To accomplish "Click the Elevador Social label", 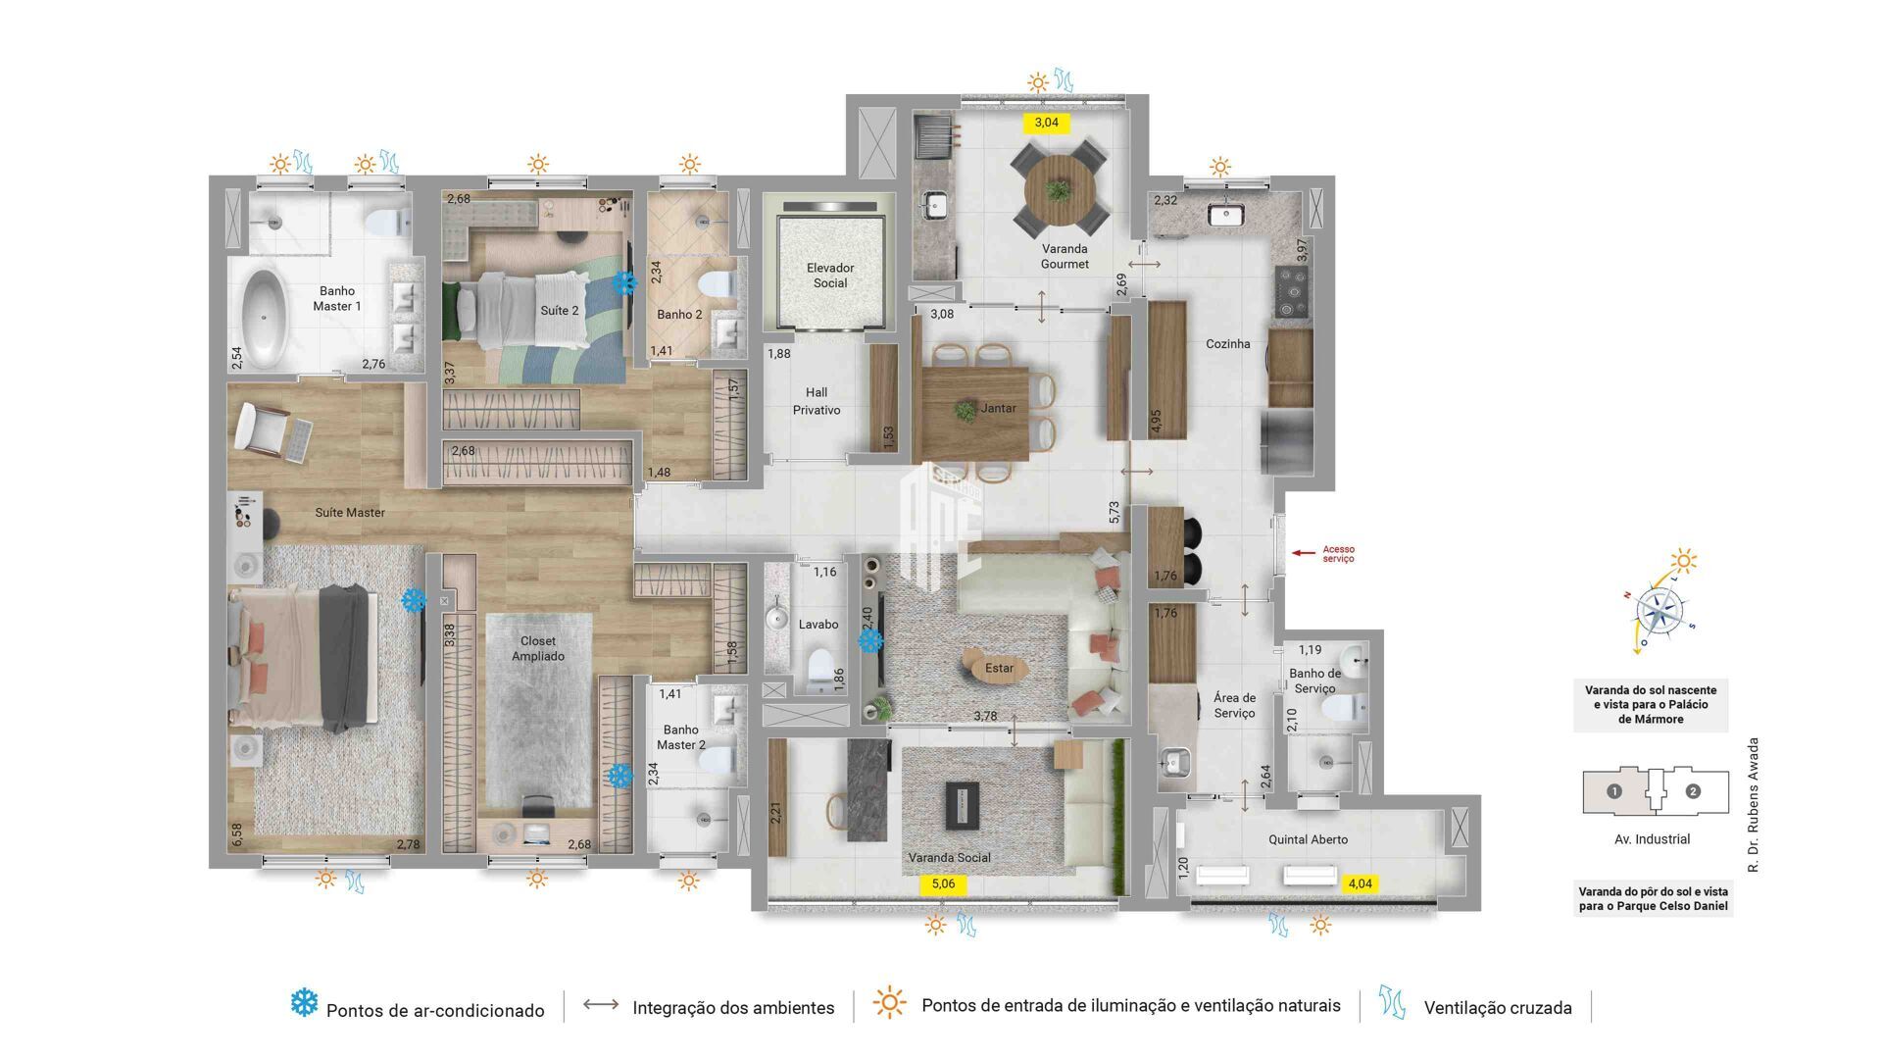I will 829,276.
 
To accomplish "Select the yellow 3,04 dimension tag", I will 1047,123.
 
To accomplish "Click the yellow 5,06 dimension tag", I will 943,883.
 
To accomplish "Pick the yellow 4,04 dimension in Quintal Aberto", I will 1361,883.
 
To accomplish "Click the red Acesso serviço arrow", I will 1303,553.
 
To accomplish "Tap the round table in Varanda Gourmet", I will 1059,190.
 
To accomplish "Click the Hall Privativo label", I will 817,401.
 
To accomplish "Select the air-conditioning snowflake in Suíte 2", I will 623,283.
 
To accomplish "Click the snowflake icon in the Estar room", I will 870,641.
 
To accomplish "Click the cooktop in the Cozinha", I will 1293,291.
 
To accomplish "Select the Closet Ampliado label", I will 537,648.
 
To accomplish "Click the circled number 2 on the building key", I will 1693,791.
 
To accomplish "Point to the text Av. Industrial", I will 1652,839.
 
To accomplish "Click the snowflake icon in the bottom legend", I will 304,1002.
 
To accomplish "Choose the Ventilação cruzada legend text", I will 1497,1008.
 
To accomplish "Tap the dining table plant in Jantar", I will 966,410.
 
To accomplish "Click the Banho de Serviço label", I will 1314,681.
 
